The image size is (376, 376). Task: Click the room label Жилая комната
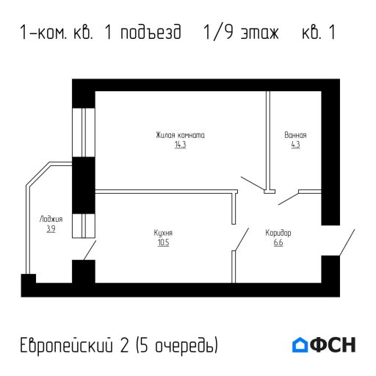pos(180,135)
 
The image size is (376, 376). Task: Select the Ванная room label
pos(295,135)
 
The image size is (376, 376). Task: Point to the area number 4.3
pos(295,145)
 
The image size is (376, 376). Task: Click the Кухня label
pos(163,233)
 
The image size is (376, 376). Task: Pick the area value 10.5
pos(163,243)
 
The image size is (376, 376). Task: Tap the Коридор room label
pos(278,233)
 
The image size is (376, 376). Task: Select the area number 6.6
pos(278,243)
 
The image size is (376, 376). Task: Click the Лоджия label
pos(51,219)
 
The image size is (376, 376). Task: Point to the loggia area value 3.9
pos(51,229)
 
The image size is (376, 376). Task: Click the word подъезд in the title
pos(151,34)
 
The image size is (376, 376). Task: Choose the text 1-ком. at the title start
pos(44,34)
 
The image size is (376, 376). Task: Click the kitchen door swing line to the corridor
pos(240,239)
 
